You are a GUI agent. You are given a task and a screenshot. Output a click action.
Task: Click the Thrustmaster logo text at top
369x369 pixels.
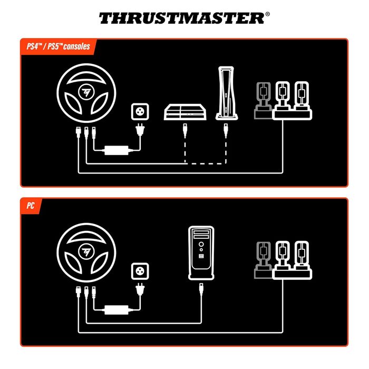[x=182, y=18]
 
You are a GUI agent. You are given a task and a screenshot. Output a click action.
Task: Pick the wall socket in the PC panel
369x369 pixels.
[x=140, y=272]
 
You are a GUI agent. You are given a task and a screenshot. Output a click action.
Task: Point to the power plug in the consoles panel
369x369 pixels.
[x=140, y=131]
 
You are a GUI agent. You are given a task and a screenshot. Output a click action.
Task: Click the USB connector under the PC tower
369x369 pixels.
[x=202, y=288]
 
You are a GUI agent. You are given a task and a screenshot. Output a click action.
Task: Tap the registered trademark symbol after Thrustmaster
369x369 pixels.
[x=267, y=14]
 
